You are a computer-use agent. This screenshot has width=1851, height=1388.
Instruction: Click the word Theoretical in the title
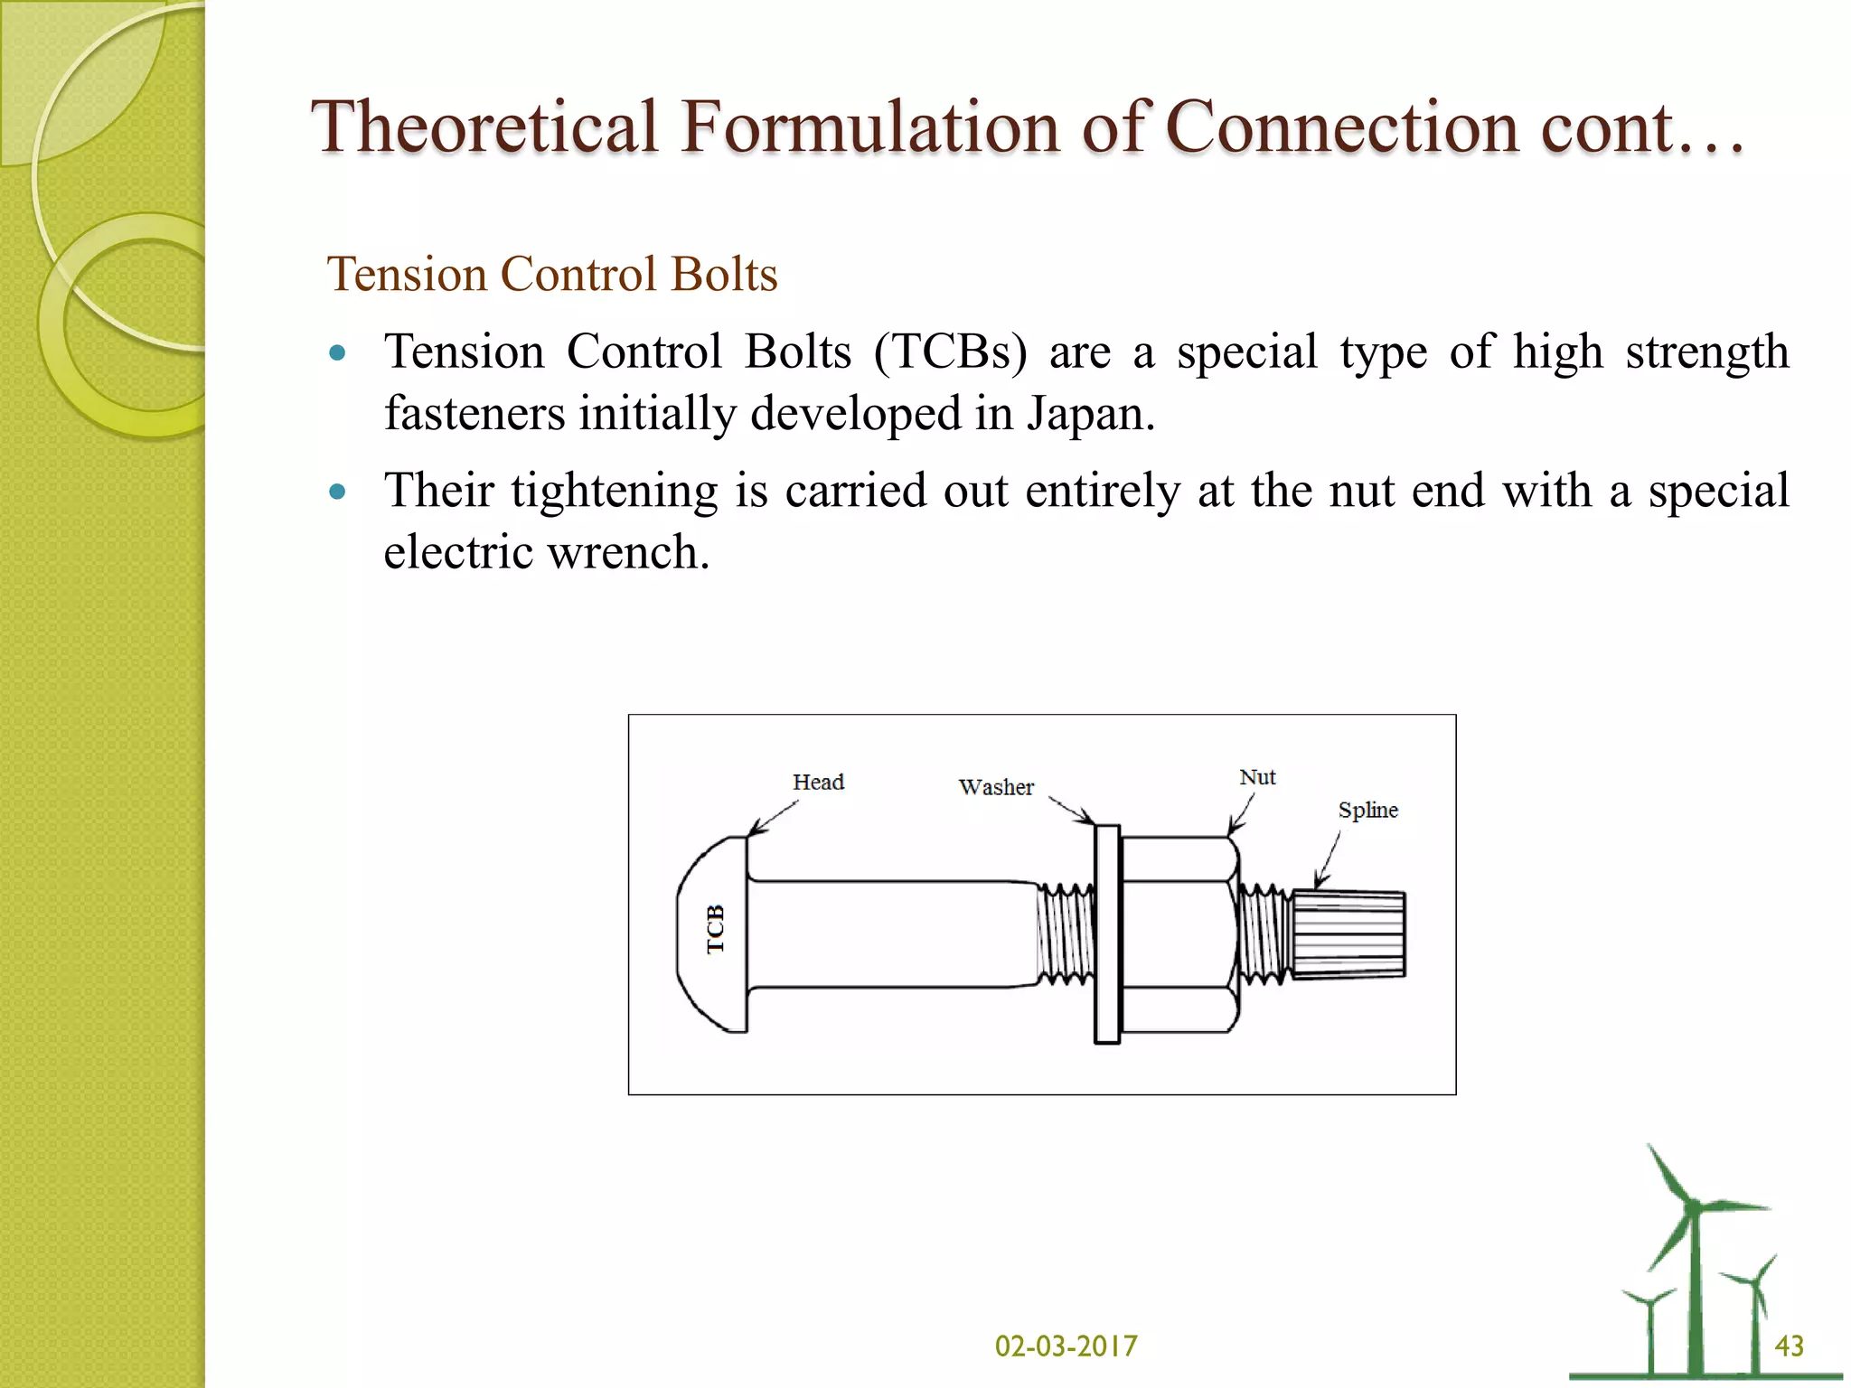pyautogui.click(x=484, y=127)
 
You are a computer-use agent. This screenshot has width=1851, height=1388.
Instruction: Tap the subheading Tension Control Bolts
pyautogui.click(x=551, y=274)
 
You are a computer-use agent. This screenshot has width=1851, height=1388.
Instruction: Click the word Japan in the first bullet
pyautogui.click(x=1089, y=414)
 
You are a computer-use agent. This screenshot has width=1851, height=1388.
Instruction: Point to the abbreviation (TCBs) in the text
pyautogui.click(x=950, y=352)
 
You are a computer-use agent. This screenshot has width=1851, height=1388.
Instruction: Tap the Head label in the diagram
pyautogui.click(x=818, y=782)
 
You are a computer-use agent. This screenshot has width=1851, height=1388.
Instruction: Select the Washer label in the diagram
pyautogui.click(x=996, y=787)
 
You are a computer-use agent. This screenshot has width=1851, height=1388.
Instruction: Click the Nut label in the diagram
pyautogui.click(x=1257, y=777)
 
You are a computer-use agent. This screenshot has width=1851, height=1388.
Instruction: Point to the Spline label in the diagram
pyautogui.click(x=1367, y=810)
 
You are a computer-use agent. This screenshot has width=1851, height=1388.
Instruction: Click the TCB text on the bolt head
pyautogui.click(x=716, y=929)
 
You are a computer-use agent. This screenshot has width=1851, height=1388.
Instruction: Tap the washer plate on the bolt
pyautogui.click(x=1107, y=934)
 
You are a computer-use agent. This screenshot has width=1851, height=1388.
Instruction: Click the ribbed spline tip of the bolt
pyautogui.click(x=1348, y=934)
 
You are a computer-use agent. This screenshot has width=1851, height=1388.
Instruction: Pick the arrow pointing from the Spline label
pyautogui.click(x=1328, y=859)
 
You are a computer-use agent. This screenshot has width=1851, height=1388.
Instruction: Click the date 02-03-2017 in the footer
pyautogui.click(x=1066, y=1346)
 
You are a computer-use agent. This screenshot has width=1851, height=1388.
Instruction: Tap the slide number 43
pyautogui.click(x=1789, y=1346)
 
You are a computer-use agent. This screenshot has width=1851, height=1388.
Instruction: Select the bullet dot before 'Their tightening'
pyautogui.click(x=338, y=492)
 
